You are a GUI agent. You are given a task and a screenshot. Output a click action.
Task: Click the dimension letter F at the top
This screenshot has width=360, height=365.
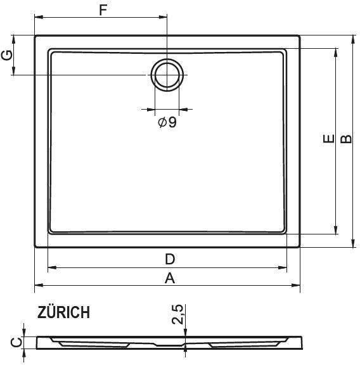point(103,10)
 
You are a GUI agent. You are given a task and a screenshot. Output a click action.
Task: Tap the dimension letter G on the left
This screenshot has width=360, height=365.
point(7,55)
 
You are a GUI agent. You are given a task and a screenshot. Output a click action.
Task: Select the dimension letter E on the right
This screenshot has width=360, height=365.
point(328,139)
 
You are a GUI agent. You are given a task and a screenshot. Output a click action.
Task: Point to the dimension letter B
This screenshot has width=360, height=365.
point(346,139)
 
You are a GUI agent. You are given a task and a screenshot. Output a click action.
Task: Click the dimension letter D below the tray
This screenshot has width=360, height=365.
point(170,259)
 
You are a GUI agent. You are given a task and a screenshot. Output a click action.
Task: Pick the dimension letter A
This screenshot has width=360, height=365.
point(170,278)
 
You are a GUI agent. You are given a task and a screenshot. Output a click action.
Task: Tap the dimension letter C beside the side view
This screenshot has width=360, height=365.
point(16,342)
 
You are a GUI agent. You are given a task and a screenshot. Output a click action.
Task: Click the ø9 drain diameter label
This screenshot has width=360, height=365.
point(167,122)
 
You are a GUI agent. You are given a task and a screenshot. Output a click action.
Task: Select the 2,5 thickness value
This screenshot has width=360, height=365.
point(177,314)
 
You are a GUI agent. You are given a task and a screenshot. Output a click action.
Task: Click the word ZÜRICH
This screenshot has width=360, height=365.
point(63,312)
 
